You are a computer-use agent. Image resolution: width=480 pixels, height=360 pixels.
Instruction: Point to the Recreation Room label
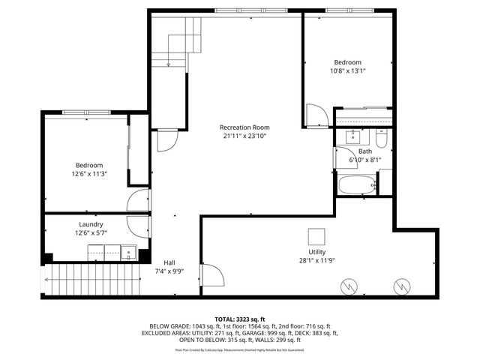tap(244, 127)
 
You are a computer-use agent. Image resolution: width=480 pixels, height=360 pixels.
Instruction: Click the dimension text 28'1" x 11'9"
tap(316, 261)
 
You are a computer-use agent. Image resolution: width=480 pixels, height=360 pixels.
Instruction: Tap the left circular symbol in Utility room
tap(348, 285)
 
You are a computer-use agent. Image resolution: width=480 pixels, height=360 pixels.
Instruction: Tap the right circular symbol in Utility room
tap(400, 285)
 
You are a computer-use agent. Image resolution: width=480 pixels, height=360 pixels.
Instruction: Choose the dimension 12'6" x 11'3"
tap(88, 174)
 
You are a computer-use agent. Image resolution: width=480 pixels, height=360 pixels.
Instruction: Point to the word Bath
tap(364, 151)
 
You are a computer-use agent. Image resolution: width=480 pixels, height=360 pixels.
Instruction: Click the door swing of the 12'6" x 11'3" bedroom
tap(139, 199)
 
